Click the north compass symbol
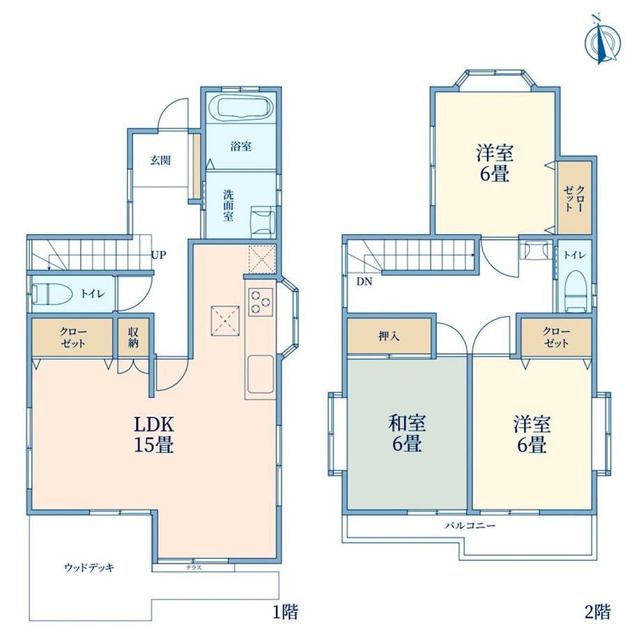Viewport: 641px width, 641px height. pos(603,41)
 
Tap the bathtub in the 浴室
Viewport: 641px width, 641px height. pos(240,108)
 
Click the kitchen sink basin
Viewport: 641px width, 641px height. pos(260,374)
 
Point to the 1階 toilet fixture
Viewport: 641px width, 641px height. pos(52,294)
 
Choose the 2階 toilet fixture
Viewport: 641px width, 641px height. pos(576,291)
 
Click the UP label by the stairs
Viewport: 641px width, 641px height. pos(159,255)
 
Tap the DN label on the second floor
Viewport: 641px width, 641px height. pos(364,281)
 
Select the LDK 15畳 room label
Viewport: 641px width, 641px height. pos(155,434)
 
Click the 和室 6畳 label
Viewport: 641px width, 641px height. pos(407,433)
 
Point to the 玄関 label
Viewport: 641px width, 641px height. pos(160,160)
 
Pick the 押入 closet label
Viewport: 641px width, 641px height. pos(389,337)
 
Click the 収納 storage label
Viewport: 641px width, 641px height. pos(133,337)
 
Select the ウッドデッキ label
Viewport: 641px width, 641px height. pos(89,567)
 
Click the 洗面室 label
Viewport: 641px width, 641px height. pos(228,206)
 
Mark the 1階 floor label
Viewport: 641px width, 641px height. pos(286,612)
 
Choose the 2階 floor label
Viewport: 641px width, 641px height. pos(598,612)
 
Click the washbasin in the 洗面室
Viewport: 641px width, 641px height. pos(263,221)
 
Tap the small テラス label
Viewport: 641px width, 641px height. pos(194,568)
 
